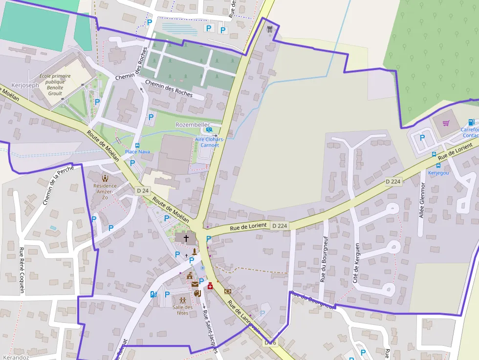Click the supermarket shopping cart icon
tap(446, 123)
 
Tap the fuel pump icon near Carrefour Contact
tap(471, 122)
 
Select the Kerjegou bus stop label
tap(438, 172)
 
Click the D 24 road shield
tap(143, 191)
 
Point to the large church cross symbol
tap(186, 238)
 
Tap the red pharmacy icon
tap(210, 286)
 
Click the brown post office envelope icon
tap(195, 284)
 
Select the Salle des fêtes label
tap(183, 310)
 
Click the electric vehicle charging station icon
tap(153, 294)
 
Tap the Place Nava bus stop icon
tap(137, 145)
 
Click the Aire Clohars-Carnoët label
tap(209, 142)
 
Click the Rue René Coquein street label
tap(22, 270)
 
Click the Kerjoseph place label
tap(24, 85)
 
